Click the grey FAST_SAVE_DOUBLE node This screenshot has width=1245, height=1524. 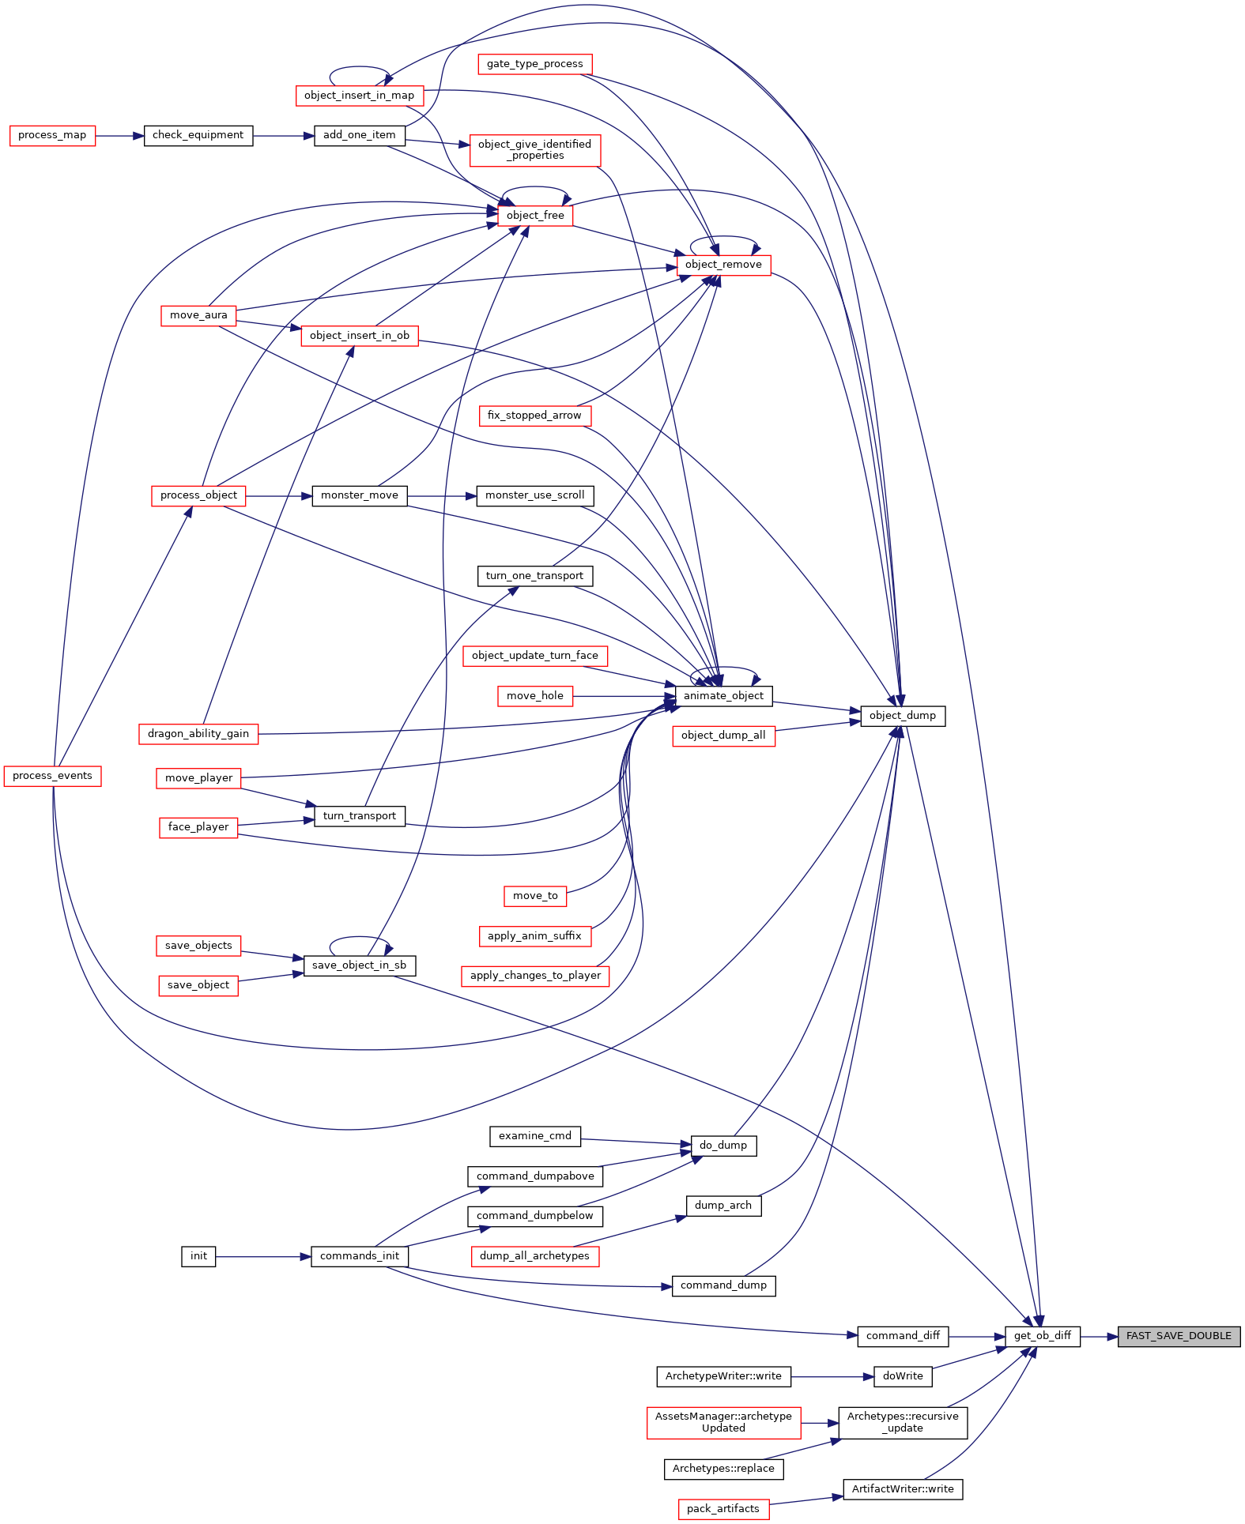(1179, 1336)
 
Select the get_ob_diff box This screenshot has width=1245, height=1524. (1043, 1336)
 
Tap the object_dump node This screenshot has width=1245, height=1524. (903, 716)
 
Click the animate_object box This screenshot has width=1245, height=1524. (723, 696)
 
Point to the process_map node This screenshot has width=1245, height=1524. (52, 135)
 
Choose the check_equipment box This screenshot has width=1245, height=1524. (198, 135)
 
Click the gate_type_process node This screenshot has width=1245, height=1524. (535, 64)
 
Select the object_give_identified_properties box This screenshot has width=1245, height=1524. (535, 150)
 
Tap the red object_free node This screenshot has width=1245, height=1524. (535, 216)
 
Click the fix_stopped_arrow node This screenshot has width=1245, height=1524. (535, 416)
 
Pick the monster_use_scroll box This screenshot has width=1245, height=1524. (535, 495)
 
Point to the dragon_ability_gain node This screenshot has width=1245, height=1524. (198, 734)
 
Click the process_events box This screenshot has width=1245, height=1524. (52, 776)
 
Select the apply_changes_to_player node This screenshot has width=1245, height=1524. (535, 976)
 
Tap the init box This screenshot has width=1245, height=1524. (198, 1256)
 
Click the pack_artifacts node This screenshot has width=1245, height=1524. (723, 1509)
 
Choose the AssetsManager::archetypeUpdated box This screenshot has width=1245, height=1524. (723, 1423)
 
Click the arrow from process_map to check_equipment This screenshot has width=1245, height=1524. (119, 136)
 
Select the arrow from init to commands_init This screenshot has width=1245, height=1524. (263, 1257)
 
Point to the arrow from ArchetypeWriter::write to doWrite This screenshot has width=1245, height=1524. (832, 1377)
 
